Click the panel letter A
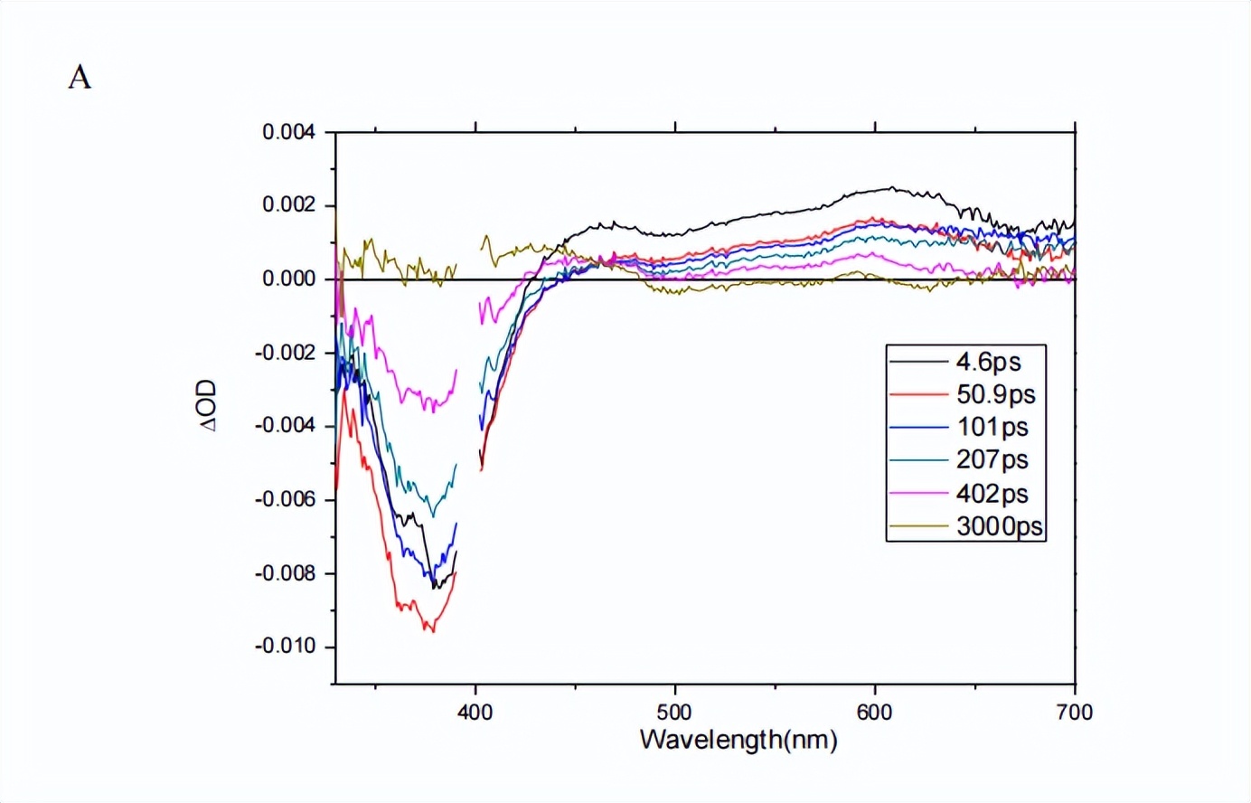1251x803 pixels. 80,79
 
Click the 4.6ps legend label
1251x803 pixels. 988,362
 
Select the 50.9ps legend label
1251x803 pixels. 995,394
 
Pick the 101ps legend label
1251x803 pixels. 992,427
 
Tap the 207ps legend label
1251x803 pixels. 992,459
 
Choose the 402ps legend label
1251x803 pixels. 992,493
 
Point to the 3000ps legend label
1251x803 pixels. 999,526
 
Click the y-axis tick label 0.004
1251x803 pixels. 289,132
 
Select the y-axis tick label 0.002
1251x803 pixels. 289,205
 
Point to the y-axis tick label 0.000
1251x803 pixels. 289,279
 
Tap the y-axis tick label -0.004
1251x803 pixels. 286,426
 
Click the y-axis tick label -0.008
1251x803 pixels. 286,573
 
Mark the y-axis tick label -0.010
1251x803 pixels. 286,647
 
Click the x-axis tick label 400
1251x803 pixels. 475,713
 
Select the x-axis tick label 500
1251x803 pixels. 675,713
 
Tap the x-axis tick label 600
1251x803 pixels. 875,713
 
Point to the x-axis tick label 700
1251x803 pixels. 1074,713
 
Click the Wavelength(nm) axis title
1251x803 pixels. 738,740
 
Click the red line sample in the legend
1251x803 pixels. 918,395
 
